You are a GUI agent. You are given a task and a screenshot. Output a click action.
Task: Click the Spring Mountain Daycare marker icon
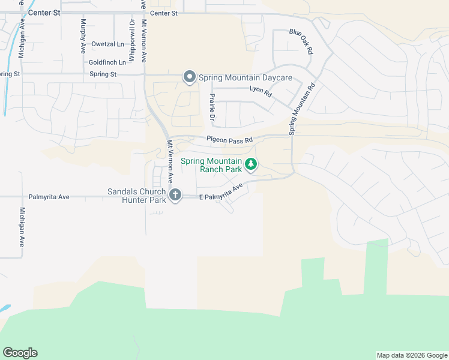click(190, 77)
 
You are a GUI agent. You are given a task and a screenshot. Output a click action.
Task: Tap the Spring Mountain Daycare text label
click(245, 78)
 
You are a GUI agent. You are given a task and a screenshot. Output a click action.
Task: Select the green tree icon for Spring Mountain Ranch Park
click(251, 163)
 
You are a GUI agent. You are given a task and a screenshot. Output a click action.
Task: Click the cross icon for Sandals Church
click(175, 194)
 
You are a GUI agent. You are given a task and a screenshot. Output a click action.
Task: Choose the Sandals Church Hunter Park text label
click(137, 196)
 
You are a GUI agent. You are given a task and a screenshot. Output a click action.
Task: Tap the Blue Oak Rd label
click(301, 41)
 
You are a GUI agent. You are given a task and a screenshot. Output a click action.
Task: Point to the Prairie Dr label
click(212, 107)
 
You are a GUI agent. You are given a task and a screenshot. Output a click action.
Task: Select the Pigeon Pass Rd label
click(230, 140)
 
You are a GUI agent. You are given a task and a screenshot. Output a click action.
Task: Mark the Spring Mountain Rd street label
click(303, 108)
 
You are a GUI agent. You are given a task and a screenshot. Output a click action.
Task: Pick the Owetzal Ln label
click(107, 44)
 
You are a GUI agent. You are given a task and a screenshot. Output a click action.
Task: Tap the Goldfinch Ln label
click(107, 62)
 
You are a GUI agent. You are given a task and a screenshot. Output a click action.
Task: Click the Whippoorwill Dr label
click(131, 38)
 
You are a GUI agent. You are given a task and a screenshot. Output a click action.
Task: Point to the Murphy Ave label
click(83, 36)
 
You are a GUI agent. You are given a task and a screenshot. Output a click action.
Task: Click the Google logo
click(20, 353)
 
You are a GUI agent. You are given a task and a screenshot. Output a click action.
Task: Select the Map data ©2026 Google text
click(412, 355)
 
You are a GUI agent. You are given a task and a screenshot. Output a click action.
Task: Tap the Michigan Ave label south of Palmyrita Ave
click(22, 227)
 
